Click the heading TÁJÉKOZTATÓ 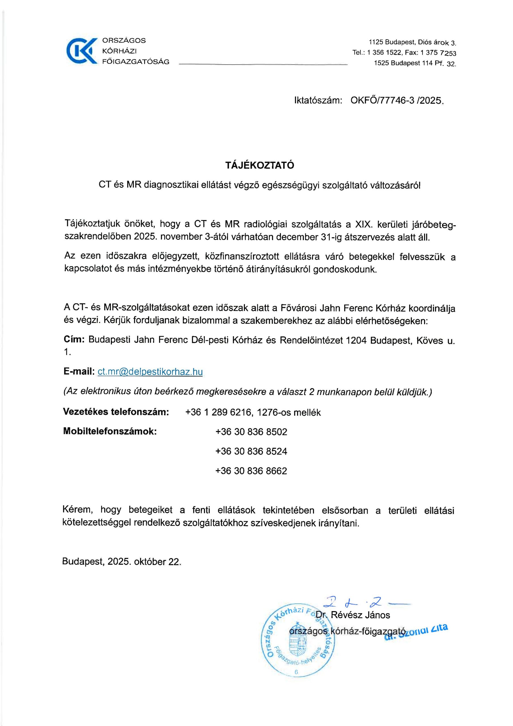260,165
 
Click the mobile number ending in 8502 251,432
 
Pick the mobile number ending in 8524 251,451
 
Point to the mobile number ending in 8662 251,471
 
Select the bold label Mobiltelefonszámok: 110,431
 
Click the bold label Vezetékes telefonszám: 116,412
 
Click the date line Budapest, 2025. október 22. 122,562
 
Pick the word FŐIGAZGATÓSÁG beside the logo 135,62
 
